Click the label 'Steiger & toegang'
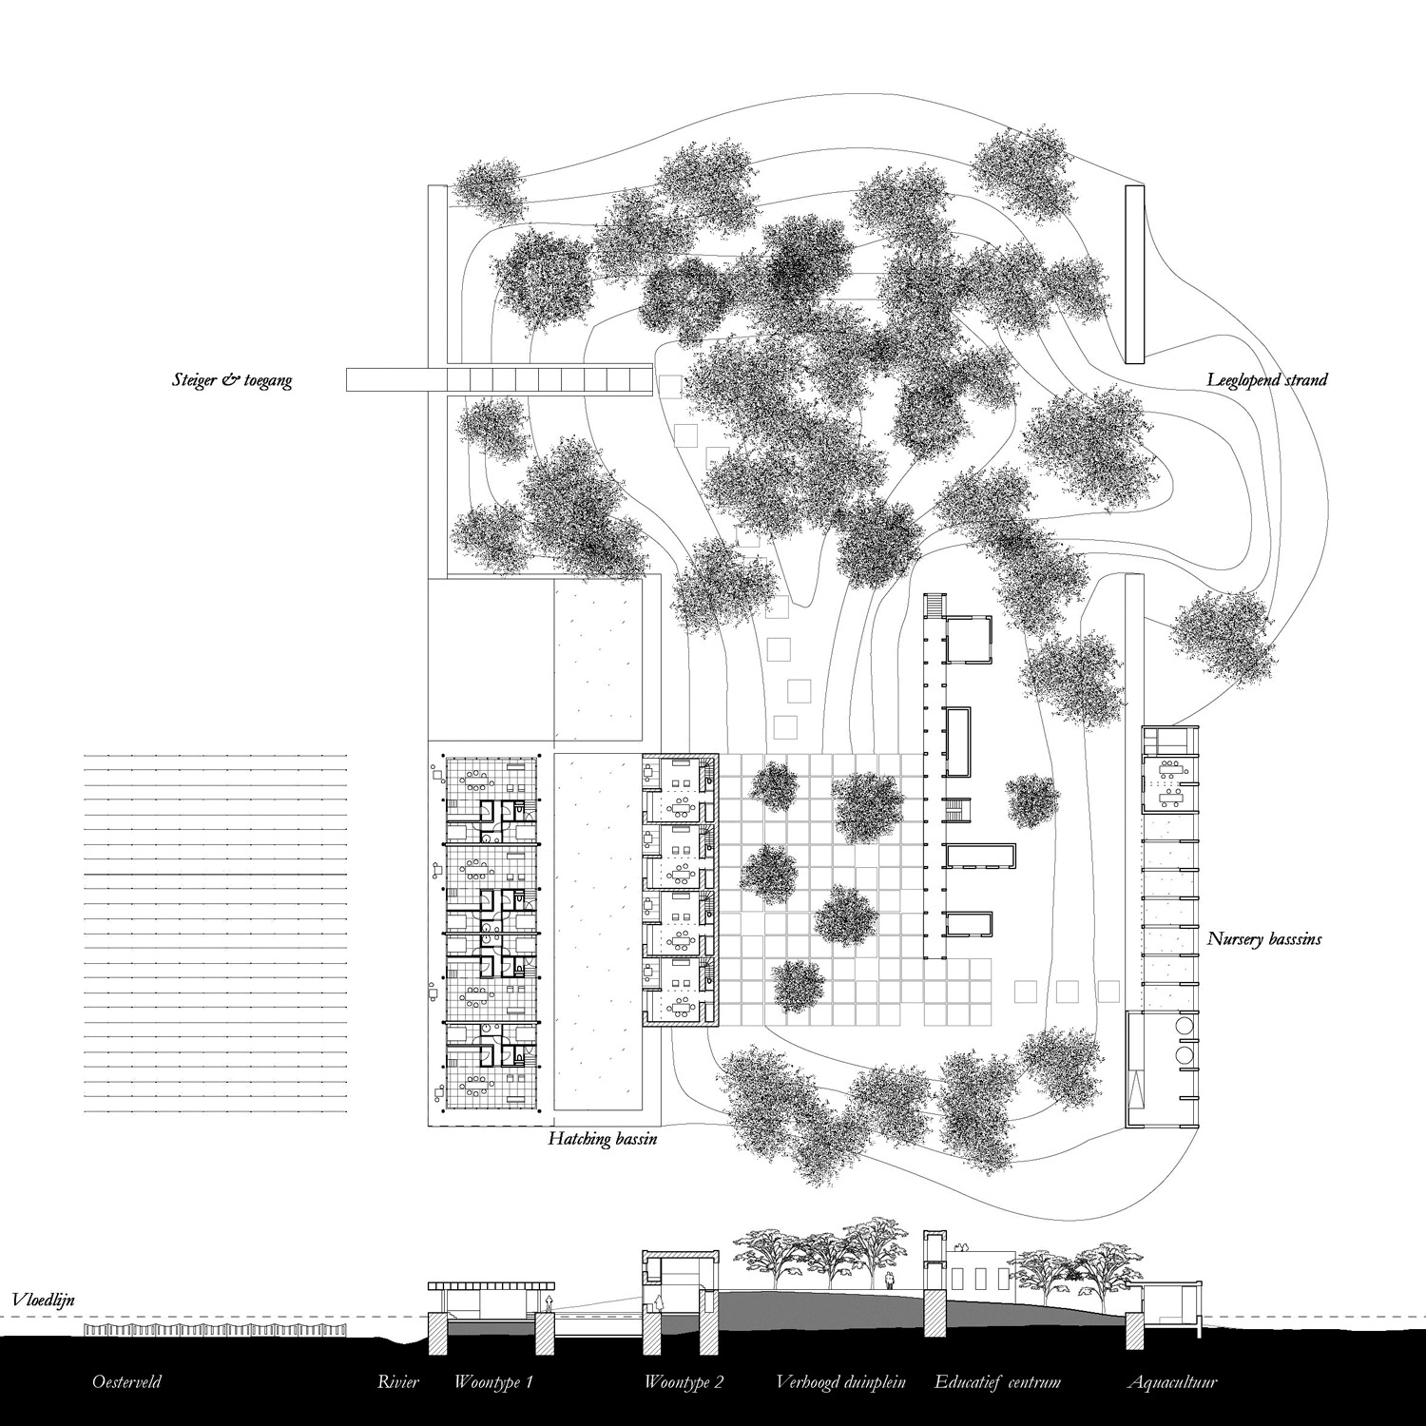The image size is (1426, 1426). (x=229, y=381)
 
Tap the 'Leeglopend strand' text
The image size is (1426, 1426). (x=1266, y=380)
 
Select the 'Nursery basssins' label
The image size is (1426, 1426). (x=1263, y=939)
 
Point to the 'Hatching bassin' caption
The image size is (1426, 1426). (x=603, y=1138)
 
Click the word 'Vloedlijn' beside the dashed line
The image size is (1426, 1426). (x=43, y=1299)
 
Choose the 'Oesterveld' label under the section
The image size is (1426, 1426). (x=126, y=1382)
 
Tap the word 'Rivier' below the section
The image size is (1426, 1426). (x=397, y=1382)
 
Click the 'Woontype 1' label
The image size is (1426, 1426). (x=493, y=1382)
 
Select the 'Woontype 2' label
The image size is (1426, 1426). (x=684, y=1382)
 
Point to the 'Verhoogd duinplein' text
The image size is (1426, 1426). (x=840, y=1382)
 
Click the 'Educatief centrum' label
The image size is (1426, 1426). (x=997, y=1382)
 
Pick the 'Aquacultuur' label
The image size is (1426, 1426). (x=1172, y=1382)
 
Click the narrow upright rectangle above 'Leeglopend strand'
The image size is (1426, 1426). (x=1133, y=275)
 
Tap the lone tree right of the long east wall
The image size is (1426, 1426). (x=1221, y=631)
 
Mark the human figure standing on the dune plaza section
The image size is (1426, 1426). (x=889, y=1281)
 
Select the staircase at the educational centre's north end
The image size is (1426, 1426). (x=935, y=605)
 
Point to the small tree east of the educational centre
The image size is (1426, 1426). (x=1031, y=800)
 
